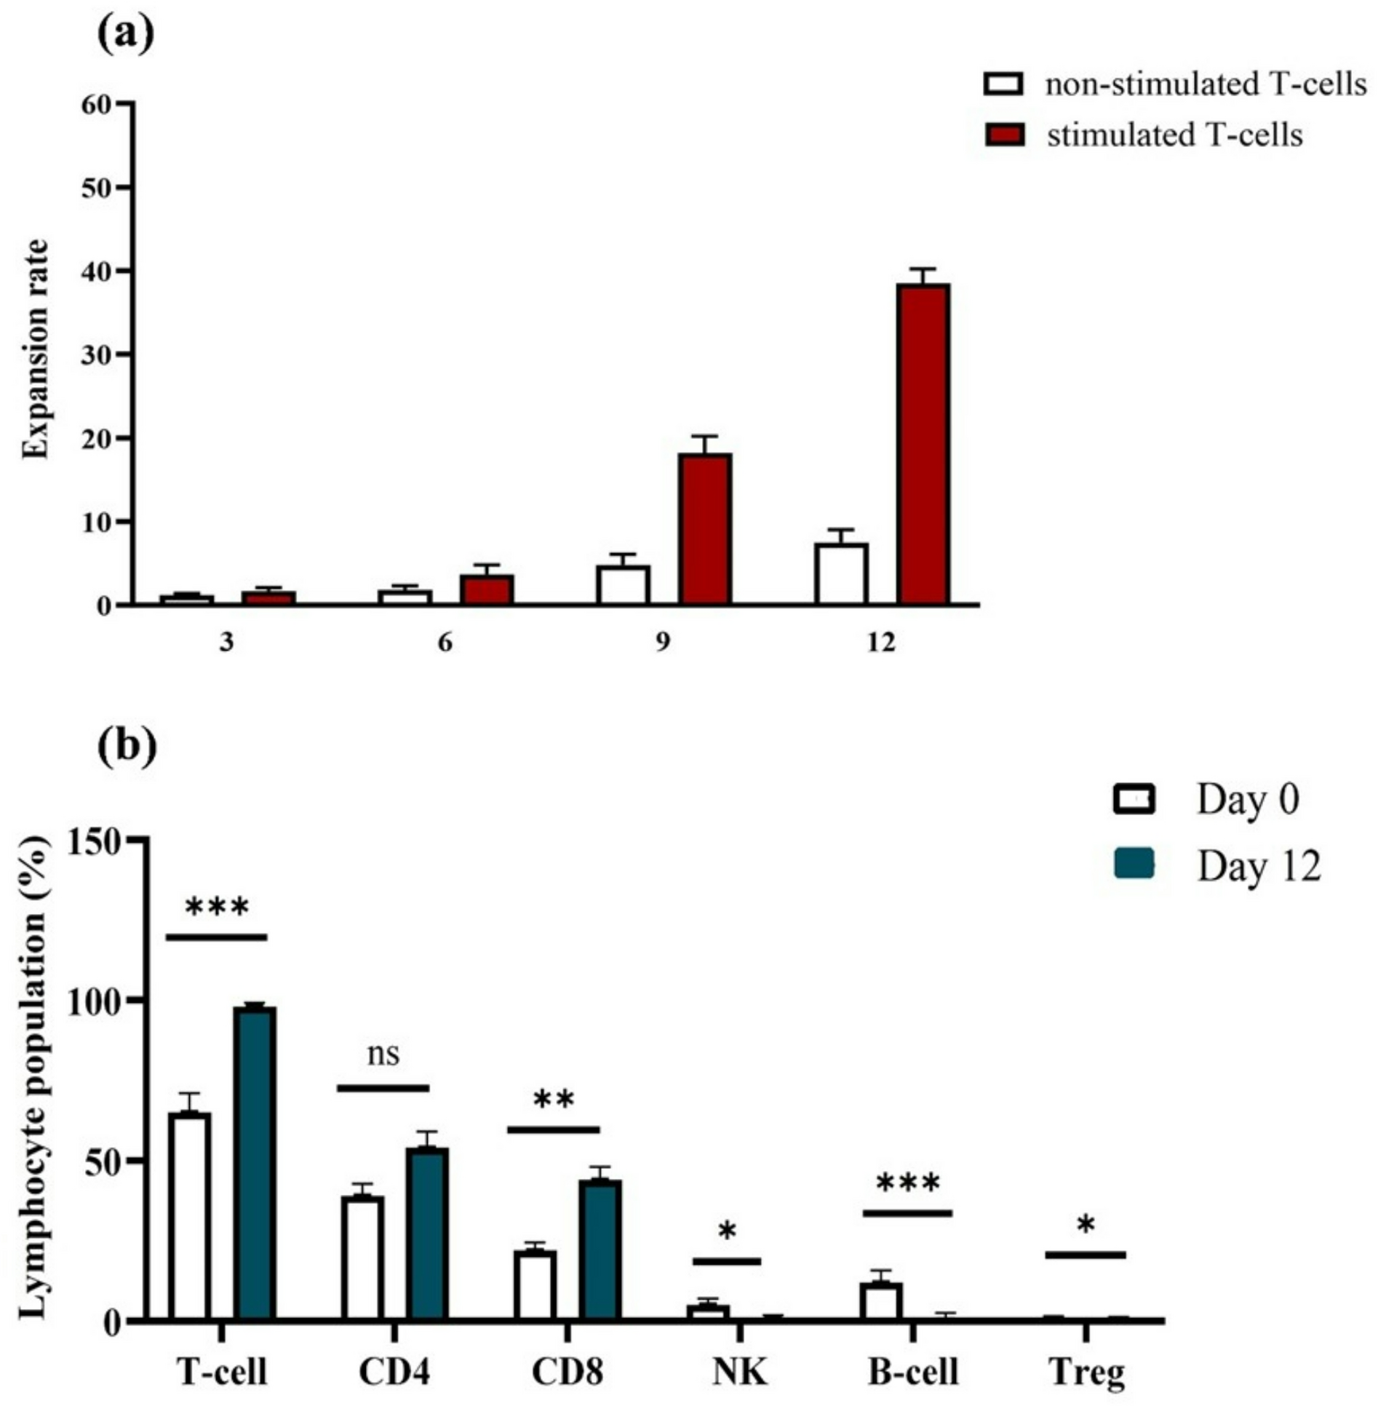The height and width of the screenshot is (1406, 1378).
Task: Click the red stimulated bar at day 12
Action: coord(923,444)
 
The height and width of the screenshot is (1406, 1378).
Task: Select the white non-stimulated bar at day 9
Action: coord(623,584)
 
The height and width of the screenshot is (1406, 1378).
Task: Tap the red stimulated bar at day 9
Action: coord(704,528)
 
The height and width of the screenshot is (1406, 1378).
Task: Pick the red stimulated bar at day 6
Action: coord(487,589)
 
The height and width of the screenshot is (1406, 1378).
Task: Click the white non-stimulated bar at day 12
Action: coord(841,573)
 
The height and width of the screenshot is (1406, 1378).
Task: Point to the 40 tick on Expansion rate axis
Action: coord(101,271)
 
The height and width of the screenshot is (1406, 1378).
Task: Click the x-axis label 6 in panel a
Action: coord(445,643)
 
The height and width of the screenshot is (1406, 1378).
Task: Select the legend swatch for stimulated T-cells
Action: coord(1004,135)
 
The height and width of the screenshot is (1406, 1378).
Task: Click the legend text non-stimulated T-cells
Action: coord(1206,85)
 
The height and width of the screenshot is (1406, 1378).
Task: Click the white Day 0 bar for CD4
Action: coord(363,1258)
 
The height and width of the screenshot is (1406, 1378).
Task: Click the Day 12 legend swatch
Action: coord(1134,865)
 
